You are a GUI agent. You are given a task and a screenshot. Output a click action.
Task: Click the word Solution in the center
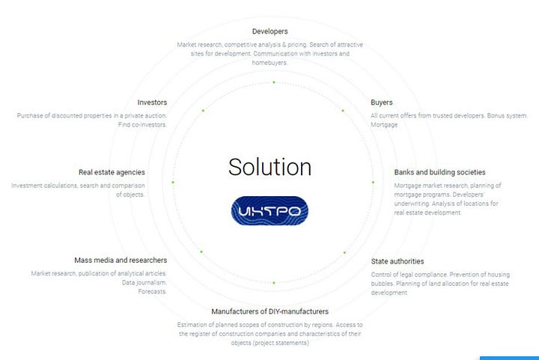[269, 166]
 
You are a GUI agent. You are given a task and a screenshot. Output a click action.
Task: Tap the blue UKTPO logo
[269, 211]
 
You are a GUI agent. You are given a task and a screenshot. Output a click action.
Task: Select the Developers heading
[270, 31]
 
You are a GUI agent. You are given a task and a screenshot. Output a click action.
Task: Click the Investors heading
[152, 102]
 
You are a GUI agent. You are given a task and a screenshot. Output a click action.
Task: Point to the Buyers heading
[382, 102]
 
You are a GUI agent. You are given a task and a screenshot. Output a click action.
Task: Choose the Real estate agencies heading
[112, 172]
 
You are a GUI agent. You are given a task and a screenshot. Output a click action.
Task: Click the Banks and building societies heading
[439, 172]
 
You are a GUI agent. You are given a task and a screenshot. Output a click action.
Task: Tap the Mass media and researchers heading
[121, 260]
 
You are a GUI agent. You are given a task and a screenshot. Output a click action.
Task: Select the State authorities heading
[398, 261]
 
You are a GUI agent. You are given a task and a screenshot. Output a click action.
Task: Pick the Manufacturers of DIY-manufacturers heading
[269, 311]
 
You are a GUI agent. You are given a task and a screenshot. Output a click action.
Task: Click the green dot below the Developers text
[274, 82]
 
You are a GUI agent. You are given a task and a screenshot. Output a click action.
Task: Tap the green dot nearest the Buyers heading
[343, 111]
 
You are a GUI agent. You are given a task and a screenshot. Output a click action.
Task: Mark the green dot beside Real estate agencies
[173, 182]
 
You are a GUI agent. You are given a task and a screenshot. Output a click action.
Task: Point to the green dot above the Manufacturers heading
[274, 283]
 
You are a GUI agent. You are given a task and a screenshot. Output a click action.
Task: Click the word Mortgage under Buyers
[384, 125]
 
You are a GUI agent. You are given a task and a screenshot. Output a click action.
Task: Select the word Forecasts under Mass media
[152, 291]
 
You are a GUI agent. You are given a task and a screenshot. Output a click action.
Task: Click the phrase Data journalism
[144, 282]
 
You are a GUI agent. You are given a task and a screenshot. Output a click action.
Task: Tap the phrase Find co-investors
[142, 125]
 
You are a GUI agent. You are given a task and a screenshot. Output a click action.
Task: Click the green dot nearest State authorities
[344, 252]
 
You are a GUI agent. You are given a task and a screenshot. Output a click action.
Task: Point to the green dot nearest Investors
[202, 111]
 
